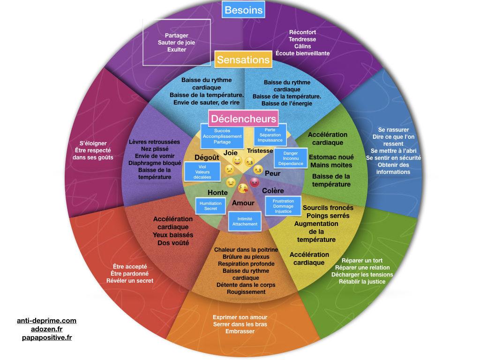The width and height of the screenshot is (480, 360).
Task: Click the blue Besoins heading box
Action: pyautogui.click(x=243, y=10)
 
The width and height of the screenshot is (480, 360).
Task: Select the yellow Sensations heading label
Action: pyautogui.click(x=243, y=60)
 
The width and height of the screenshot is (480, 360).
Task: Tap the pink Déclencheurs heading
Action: pyautogui.click(x=243, y=119)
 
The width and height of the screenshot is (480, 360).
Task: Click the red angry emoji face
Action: pyautogui.click(x=255, y=182)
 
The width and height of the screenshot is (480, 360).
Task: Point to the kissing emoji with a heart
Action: pyautogui.click(x=243, y=188)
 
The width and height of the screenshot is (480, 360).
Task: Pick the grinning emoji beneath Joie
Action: pyautogui.click(x=237, y=162)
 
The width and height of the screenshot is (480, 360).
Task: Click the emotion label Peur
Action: pyautogui.click(x=273, y=173)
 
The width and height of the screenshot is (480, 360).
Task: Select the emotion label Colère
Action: pyautogui.click(x=273, y=191)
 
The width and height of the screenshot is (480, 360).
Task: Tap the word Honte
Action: pyautogui.click(x=217, y=193)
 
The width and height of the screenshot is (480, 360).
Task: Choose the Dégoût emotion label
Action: pyautogui.click(x=207, y=158)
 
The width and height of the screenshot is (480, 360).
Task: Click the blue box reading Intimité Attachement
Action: pyautogui.click(x=245, y=221)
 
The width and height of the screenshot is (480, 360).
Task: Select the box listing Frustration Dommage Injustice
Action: pyautogui.click(x=283, y=206)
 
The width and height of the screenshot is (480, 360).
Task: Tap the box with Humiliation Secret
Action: pyautogui.click(x=210, y=206)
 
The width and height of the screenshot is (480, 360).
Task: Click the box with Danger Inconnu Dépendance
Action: pyautogui.click(x=291, y=158)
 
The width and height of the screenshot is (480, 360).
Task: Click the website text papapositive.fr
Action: pyautogui.click(x=47, y=337)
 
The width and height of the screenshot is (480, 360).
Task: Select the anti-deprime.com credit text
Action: pyautogui.click(x=46, y=321)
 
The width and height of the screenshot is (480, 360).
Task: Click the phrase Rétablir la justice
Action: pyautogui.click(x=362, y=282)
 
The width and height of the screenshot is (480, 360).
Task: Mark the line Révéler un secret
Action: pyautogui.click(x=130, y=281)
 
